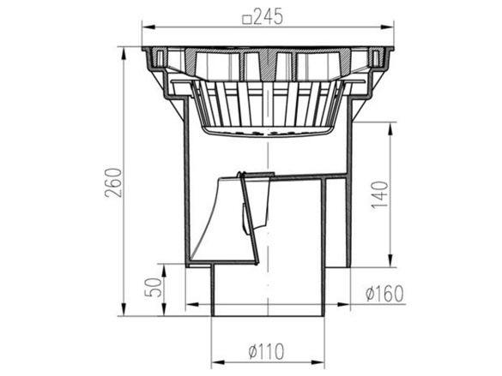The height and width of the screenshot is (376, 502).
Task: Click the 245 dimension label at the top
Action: pyautogui.click(x=268, y=16)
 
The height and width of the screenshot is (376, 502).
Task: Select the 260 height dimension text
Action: pyautogui.click(x=115, y=182)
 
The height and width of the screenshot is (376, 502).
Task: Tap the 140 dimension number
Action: pyautogui.click(x=380, y=194)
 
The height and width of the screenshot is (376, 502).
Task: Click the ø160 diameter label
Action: pyautogui.click(x=384, y=294)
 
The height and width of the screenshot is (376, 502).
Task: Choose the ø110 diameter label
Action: pyautogui.click(x=266, y=351)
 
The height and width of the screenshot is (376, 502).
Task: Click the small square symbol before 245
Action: pyautogui.click(x=246, y=21)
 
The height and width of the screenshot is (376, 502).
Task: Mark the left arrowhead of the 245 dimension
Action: pyautogui.click(x=148, y=27)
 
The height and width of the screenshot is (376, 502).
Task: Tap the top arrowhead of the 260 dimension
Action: pyautogui.click(x=124, y=54)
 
